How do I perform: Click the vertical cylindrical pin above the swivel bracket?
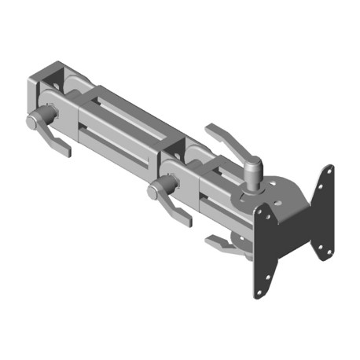254,172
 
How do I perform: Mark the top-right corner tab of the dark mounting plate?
327,174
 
